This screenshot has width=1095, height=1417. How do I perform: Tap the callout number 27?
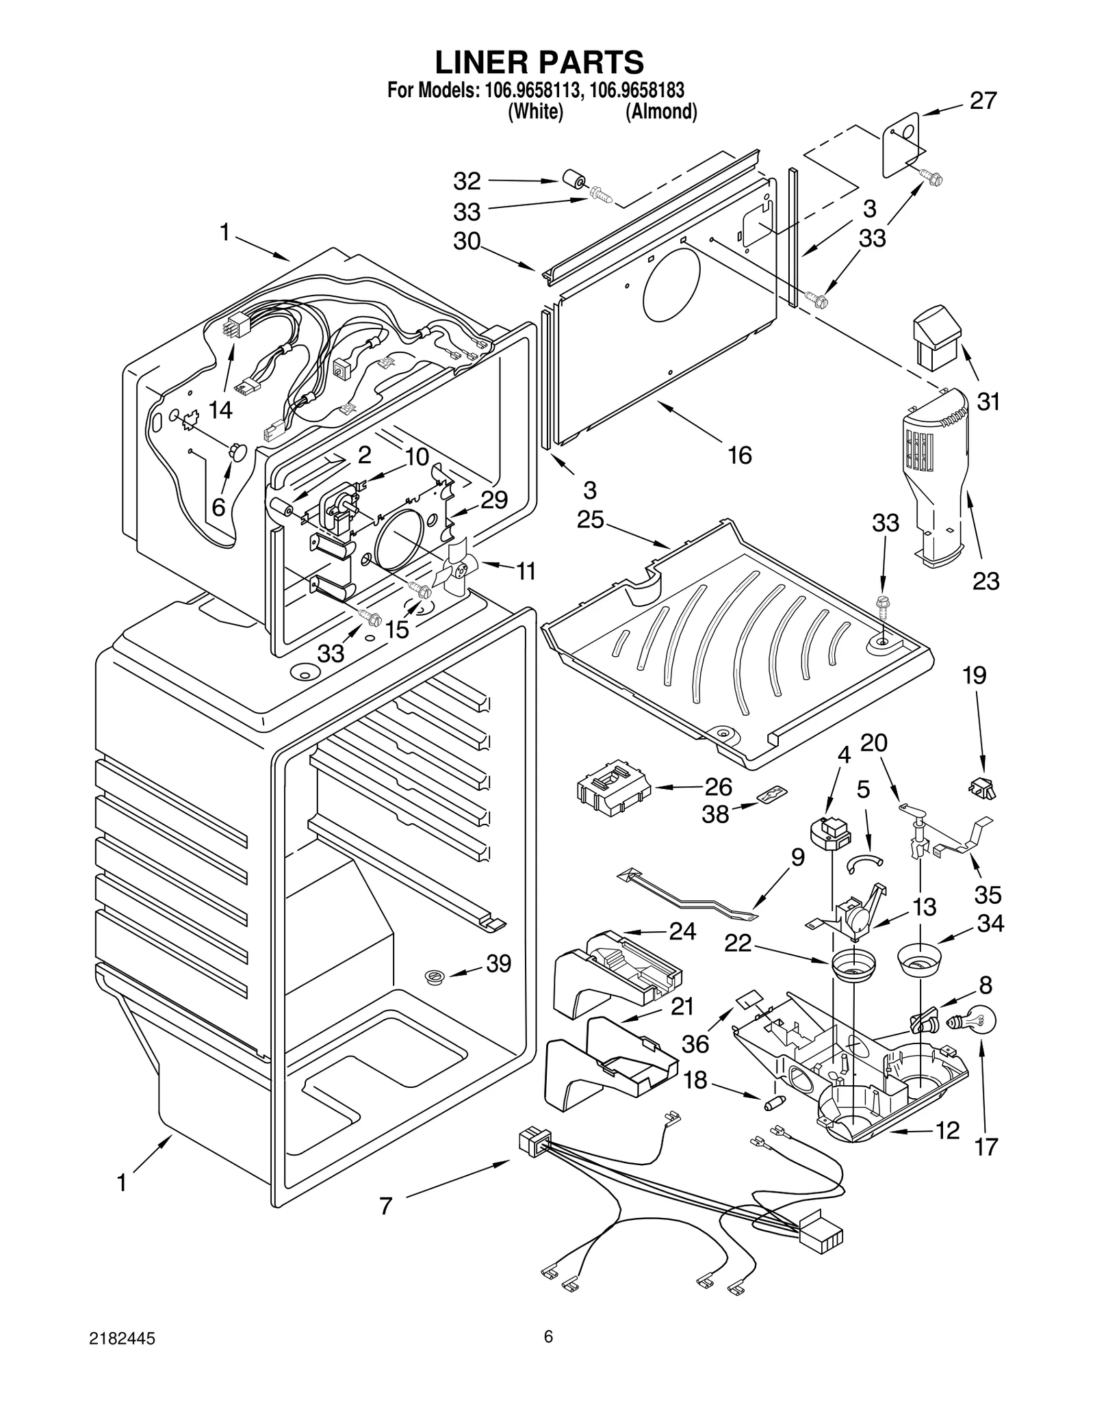(983, 101)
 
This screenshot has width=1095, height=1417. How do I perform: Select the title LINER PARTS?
(539, 62)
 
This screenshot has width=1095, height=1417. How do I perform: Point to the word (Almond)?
(661, 112)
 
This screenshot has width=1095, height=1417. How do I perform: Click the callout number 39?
(498, 963)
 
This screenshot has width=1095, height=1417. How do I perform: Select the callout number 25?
(590, 519)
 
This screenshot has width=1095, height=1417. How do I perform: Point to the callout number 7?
(386, 1206)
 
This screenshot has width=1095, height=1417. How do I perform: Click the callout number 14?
(220, 410)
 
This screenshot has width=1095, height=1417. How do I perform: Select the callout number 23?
(985, 581)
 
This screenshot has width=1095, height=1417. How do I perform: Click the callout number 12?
(947, 1130)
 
